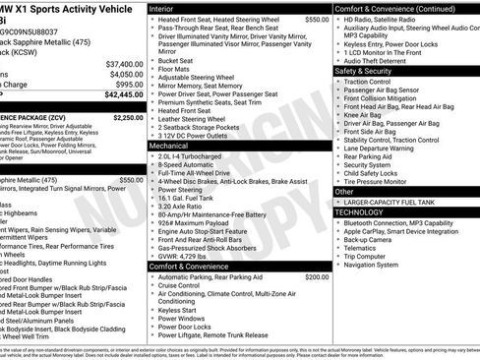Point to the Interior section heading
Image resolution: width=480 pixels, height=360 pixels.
163,8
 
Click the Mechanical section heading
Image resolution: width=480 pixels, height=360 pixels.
169,145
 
